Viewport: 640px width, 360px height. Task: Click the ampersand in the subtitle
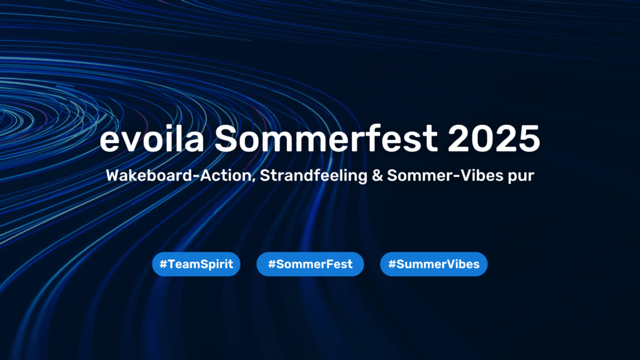(x=377, y=176)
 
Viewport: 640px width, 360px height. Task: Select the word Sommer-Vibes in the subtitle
(x=444, y=176)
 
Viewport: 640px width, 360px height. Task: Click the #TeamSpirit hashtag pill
(x=196, y=264)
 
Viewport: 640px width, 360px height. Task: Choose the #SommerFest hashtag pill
(x=310, y=264)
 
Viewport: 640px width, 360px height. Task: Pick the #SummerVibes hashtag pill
(x=434, y=264)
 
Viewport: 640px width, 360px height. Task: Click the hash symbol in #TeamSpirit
(x=163, y=264)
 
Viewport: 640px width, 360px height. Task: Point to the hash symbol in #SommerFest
(x=272, y=264)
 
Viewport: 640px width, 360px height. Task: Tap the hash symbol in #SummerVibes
(x=392, y=264)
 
